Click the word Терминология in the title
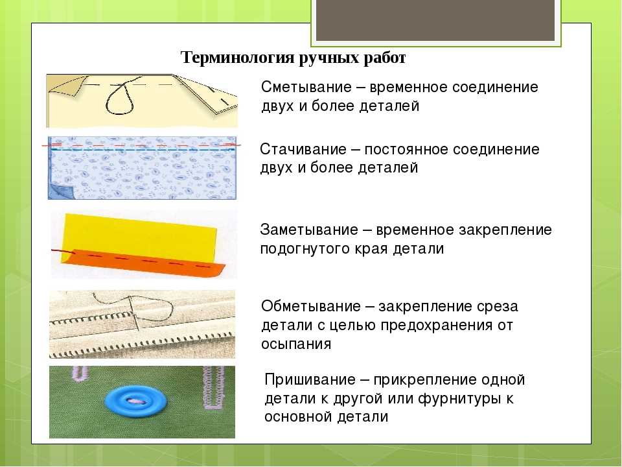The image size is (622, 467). click(237, 58)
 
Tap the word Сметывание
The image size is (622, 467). click(306, 87)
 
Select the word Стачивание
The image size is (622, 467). click(303, 149)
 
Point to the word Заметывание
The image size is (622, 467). click(309, 230)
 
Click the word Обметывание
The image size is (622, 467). click(311, 307)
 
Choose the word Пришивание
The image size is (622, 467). click(310, 379)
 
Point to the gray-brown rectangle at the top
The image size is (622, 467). click(435, 20)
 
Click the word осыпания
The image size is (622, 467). click(296, 344)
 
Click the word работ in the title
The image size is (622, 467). click(384, 58)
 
